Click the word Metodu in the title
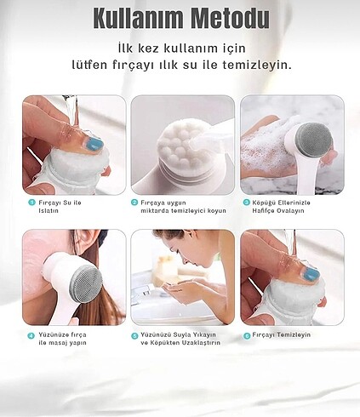(x=230, y=18)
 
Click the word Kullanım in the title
(x=139, y=18)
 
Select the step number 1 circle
(x=31, y=203)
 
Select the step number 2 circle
(x=134, y=203)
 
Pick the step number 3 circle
(x=246, y=203)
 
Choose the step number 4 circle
(x=31, y=335)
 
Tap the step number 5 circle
(x=134, y=335)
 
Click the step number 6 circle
(x=247, y=335)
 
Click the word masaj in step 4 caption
(x=57, y=343)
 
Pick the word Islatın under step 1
(x=49, y=211)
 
